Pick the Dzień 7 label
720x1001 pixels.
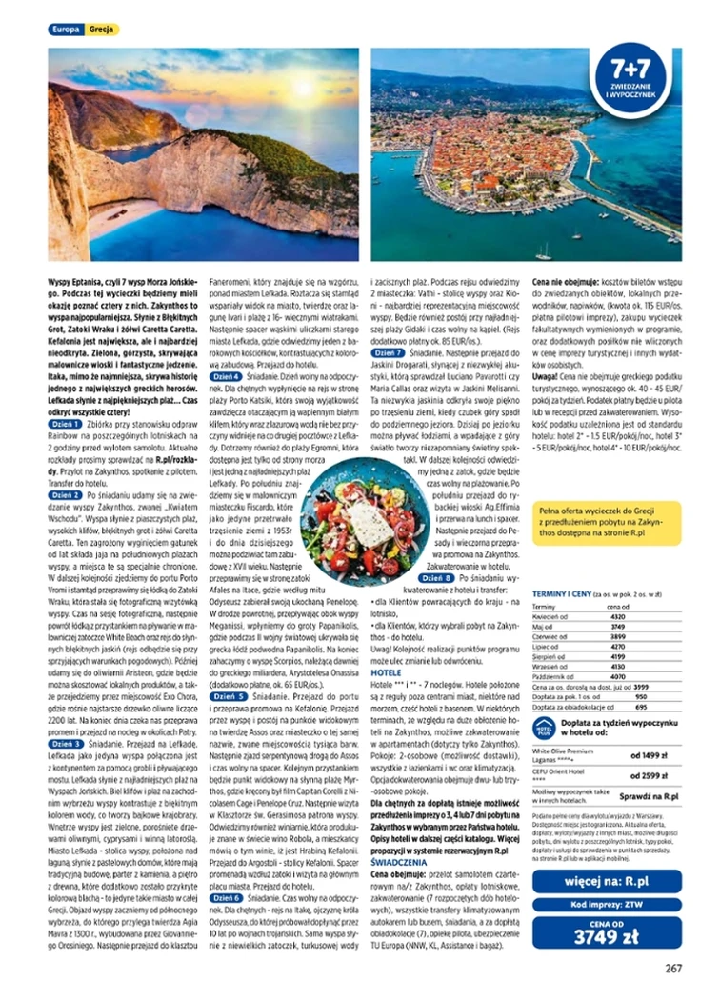[x=387, y=351]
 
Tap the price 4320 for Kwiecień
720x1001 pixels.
[x=617, y=616]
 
